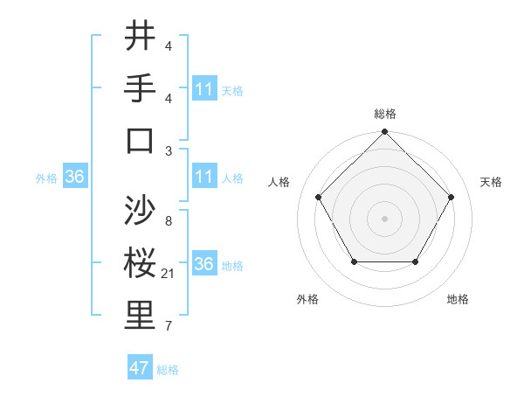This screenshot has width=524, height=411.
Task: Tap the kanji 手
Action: click(x=141, y=88)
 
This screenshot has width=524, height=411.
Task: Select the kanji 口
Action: click(x=141, y=140)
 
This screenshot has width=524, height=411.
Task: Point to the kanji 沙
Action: click(x=141, y=211)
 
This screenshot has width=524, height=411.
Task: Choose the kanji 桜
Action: click(x=141, y=263)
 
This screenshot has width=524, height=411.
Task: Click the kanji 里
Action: click(x=141, y=316)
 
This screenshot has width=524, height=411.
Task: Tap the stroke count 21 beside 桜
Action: click(x=169, y=274)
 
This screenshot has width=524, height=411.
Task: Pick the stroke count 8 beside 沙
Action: click(x=169, y=221)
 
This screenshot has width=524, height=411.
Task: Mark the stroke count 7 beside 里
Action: click(x=169, y=326)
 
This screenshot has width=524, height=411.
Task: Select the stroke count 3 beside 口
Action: click(x=169, y=150)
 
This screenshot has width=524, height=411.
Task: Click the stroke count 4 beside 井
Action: click(x=169, y=46)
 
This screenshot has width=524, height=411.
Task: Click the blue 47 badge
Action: click(x=140, y=368)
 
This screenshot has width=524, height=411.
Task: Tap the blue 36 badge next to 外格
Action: click(x=75, y=178)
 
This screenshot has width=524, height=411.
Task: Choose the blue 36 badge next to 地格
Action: click(x=204, y=264)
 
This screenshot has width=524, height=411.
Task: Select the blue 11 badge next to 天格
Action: click(x=204, y=89)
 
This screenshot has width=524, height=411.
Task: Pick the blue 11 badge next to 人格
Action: click(x=204, y=177)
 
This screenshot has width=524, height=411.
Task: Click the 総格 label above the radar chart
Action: click(x=385, y=114)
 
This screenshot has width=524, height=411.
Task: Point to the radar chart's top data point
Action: click(x=385, y=133)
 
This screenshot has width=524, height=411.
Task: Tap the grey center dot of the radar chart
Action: click(x=385, y=218)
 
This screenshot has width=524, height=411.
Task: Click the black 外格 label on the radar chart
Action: click(x=307, y=299)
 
